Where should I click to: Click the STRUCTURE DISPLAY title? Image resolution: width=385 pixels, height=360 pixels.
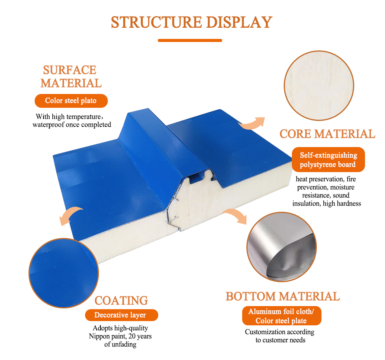[x=191, y=22]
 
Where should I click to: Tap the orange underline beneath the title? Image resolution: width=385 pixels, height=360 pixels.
[x=190, y=40]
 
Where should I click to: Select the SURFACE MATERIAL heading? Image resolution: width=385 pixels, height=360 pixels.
[x=71, y=77]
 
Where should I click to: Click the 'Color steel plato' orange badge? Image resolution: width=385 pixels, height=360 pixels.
[x=71, y=100]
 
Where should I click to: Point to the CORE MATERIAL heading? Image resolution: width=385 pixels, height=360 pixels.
[x=327, y=134]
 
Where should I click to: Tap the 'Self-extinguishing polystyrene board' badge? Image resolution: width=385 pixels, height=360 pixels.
[x=328, y=160]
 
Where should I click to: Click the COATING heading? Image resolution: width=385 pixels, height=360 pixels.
[x=121, y=301]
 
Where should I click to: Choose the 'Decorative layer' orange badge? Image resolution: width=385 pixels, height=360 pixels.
[x=122, y=315]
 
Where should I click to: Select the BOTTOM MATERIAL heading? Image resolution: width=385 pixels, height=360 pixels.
[x=283, y=296]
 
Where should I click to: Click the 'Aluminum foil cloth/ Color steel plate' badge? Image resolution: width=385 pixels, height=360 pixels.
[x=282, y=316]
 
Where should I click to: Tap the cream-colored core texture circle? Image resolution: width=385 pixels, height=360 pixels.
[x=319, y=86]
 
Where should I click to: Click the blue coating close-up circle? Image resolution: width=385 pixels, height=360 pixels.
[x=64, y=273]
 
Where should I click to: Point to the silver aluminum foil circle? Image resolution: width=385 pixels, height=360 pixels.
[x=282, y=247]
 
